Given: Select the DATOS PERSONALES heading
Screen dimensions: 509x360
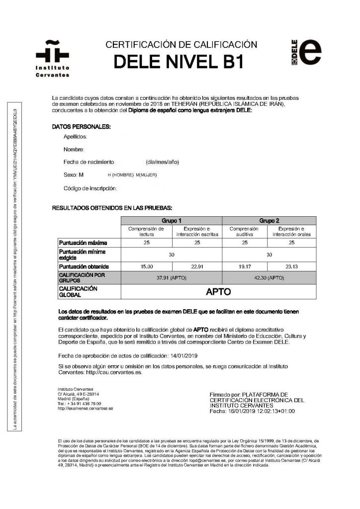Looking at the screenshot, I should coord(82,127).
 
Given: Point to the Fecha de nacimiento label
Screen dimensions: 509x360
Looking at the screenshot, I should coord(90,162).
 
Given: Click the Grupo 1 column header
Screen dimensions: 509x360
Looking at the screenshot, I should coord(172,220).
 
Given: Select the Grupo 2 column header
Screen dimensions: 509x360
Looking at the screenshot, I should coord(269,220).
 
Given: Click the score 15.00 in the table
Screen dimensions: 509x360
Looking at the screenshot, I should coord(147,267).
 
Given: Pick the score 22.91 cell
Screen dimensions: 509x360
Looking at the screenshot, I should coord(197,267).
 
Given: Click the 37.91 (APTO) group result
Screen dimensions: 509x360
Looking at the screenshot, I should coord(172,278).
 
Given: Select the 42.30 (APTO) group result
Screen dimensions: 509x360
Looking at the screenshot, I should coord(269,278).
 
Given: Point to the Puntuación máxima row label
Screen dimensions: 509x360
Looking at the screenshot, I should coord(83,243).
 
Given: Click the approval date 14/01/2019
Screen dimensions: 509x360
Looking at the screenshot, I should coord(184,356).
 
